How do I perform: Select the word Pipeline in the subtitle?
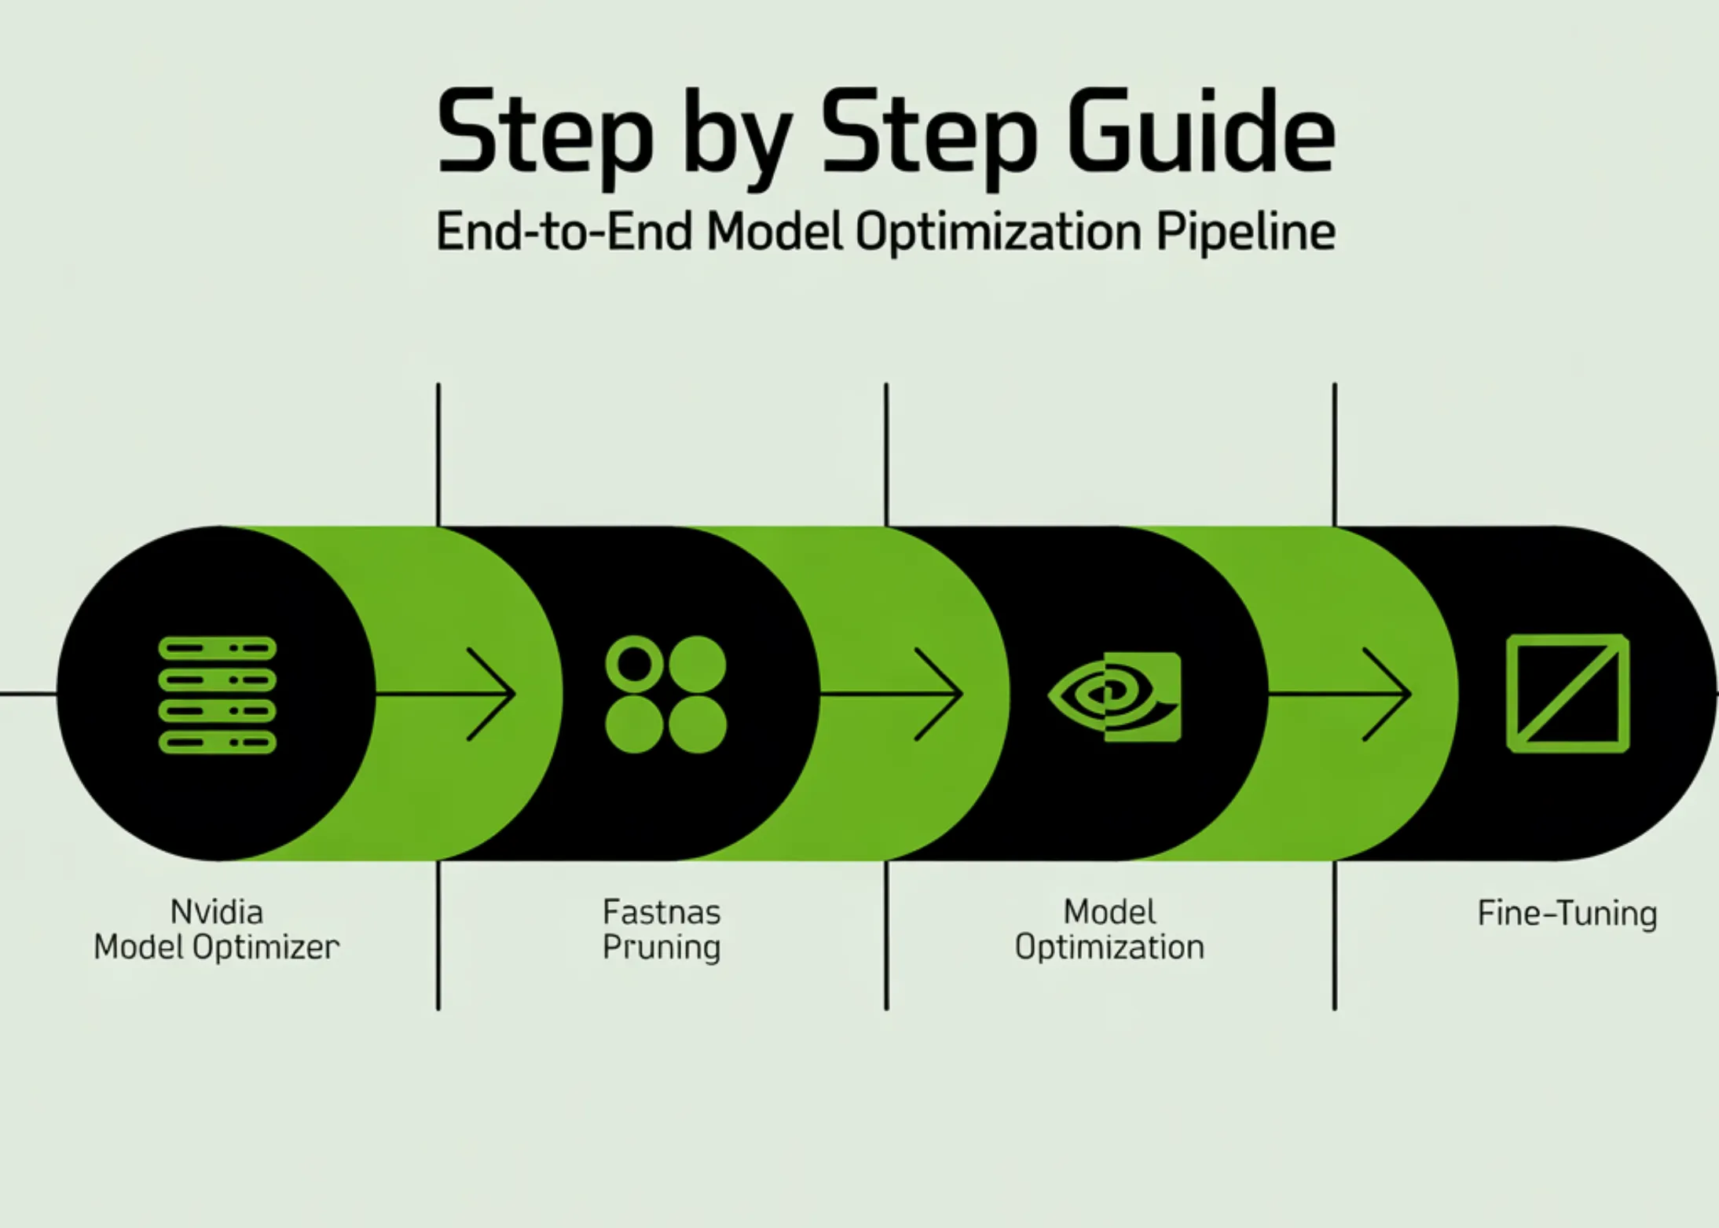(1244, 232)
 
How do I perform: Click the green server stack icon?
(218, 695)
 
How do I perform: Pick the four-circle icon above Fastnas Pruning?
(665, 695)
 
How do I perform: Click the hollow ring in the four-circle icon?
(635, 665)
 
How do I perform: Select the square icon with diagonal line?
(1567, 693)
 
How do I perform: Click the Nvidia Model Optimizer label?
(217, 929)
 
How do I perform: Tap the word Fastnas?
(662, 913)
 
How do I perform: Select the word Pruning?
(662, 948)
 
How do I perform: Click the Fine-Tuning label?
(1567, 914)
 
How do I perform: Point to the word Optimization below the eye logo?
(1109, 948)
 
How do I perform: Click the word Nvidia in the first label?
(217, 912)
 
